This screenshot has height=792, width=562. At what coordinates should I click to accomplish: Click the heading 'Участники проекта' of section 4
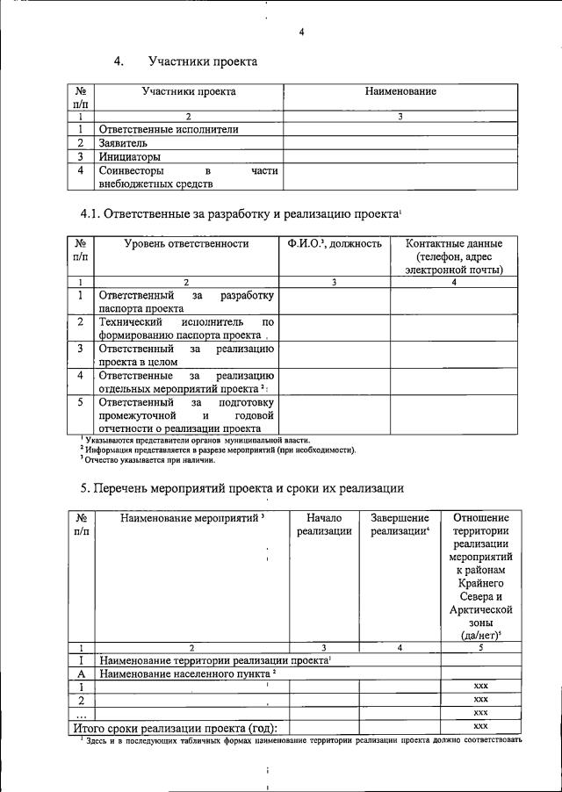[202, 61]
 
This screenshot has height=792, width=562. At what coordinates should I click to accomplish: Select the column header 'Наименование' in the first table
[400, 91]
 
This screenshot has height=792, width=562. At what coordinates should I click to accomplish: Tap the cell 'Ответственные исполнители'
[168, 129]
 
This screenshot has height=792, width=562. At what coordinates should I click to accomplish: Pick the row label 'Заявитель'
[124, 142]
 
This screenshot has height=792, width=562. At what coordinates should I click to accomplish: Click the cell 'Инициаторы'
[129, 156]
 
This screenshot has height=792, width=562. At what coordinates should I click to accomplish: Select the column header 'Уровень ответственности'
[186, 243]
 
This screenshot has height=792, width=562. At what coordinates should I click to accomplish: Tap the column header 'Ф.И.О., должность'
[334, 243]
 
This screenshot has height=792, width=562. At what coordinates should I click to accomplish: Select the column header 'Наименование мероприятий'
[191, 518]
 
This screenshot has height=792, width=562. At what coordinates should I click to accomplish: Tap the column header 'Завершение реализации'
[400, 524]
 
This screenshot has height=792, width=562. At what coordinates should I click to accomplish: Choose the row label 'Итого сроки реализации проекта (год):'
[175, 727]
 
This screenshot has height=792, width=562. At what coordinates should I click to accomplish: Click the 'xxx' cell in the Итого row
[480, 727]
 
